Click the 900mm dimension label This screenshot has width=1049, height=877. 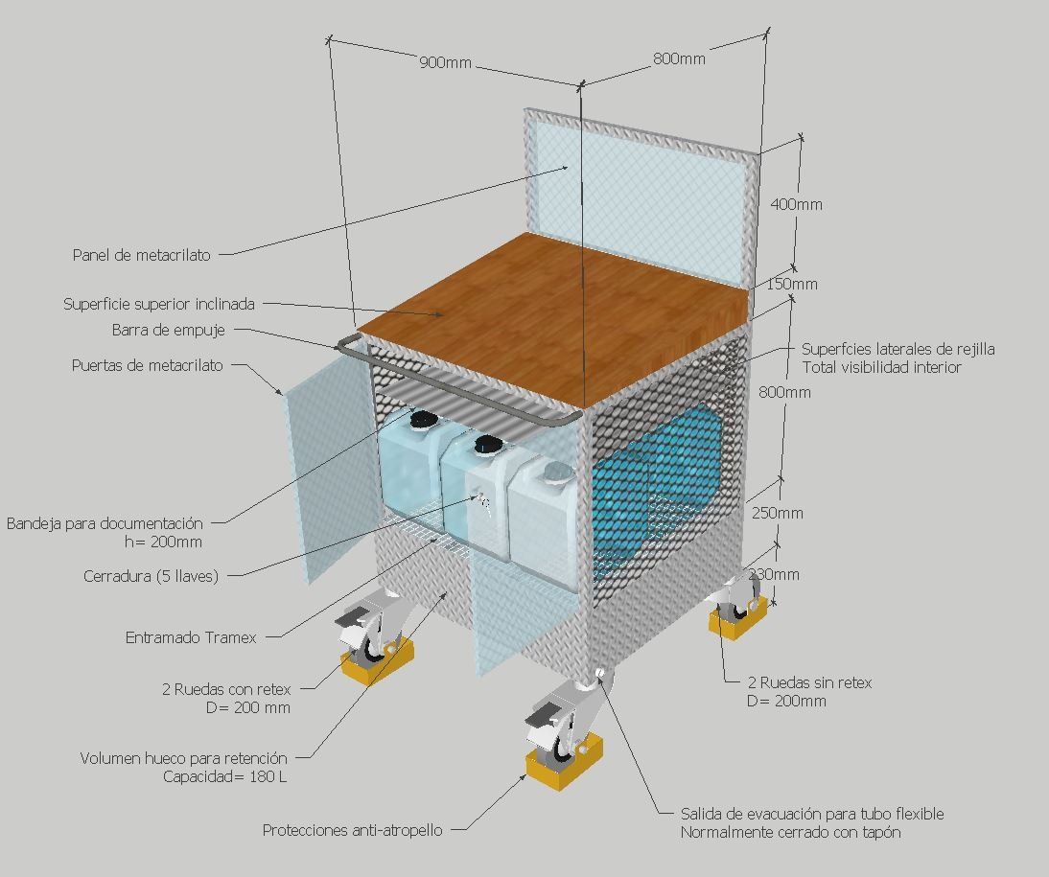coord(445,63)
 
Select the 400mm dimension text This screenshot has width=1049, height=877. coord(796,204)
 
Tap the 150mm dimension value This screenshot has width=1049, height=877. coord(791,284)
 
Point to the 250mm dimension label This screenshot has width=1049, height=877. coord(777,513)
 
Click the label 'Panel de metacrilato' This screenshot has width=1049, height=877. coord(141,255)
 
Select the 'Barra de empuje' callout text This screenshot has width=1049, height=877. coord(168,331)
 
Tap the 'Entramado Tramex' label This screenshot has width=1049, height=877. coord(191,636)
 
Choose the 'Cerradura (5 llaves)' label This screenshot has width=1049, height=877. coord(151,576)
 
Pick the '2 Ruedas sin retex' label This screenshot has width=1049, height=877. coord(809,682)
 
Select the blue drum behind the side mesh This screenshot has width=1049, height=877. coord(662,479)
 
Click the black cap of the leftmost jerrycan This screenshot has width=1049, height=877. coord(421,419)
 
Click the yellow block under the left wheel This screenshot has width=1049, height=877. coord(379,661)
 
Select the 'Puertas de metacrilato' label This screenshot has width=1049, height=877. coord(147,365)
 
